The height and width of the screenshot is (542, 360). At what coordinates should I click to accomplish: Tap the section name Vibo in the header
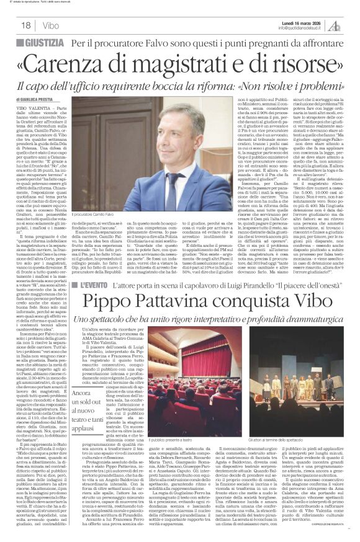52,25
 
